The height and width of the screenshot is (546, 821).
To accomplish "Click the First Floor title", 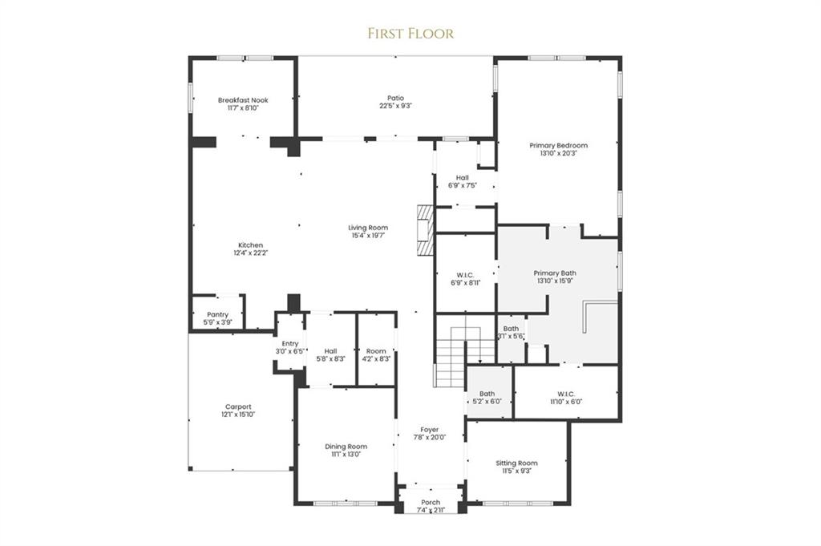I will [410, 33].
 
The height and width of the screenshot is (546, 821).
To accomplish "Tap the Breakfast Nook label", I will [243, 100].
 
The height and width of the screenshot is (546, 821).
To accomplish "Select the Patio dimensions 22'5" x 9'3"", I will [395, 106].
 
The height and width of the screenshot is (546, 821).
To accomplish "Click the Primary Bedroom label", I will [558, 145].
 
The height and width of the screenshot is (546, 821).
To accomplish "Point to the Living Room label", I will [368, 228].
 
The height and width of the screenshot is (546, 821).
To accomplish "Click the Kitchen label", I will [250, 245].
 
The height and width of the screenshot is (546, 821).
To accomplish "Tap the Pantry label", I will [217, 314].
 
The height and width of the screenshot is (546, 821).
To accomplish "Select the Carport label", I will [238, 406].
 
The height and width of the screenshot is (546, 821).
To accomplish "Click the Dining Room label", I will [346, 447].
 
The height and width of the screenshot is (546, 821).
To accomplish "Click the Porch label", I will [431, 503].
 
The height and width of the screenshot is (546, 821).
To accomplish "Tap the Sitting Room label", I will [516, 463].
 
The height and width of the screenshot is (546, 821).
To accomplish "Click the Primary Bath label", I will [555, 273].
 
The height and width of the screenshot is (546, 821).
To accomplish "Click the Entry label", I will [289, 344].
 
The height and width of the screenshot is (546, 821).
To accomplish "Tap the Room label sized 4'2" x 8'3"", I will [376, 351].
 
